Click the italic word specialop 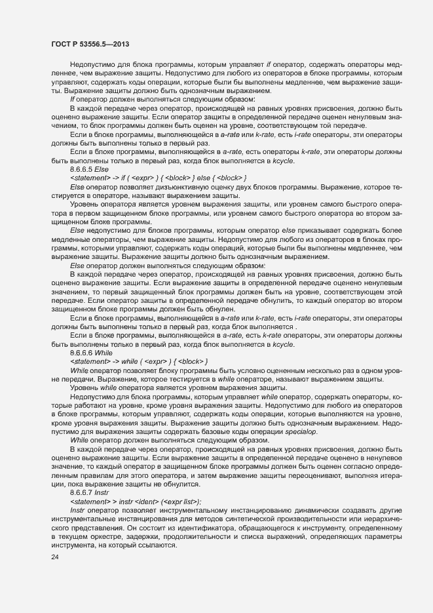(x=301, y=432)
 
